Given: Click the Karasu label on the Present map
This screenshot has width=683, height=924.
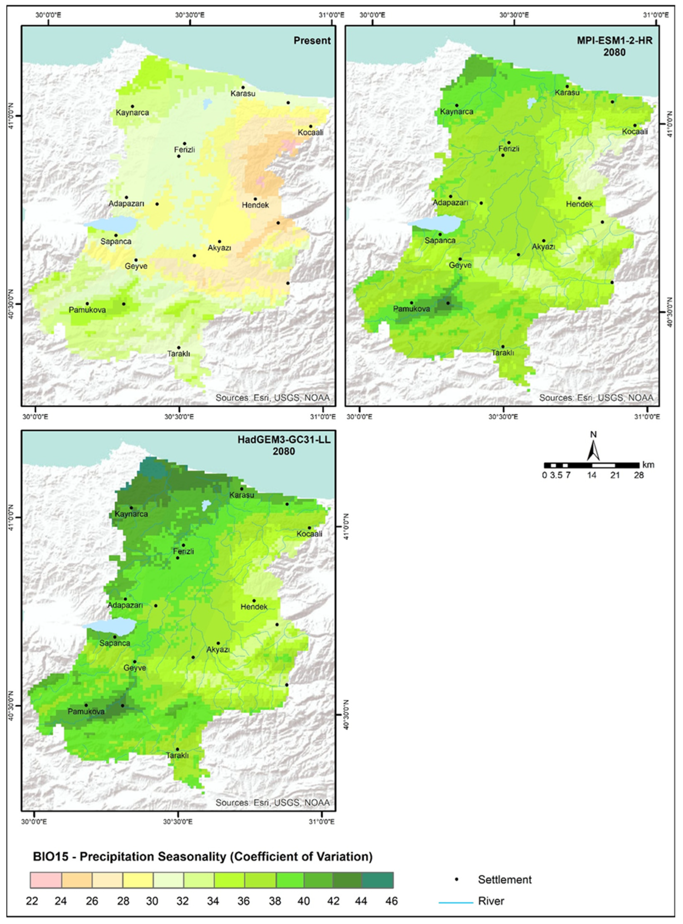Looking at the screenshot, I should [243, 94].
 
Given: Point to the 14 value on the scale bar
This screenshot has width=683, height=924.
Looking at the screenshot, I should [592, 475].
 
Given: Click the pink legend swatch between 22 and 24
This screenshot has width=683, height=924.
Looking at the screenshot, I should [46, 880].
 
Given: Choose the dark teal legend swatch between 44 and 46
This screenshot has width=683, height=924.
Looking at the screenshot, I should [377, 880].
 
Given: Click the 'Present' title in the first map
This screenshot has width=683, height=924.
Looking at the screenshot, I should [312, 40].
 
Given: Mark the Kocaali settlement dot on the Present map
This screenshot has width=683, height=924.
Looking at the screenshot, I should [310, 127].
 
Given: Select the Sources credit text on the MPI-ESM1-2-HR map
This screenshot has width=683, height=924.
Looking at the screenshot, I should [596, 398].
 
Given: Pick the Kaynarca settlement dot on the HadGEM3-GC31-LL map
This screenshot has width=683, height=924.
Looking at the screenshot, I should [132, 508].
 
